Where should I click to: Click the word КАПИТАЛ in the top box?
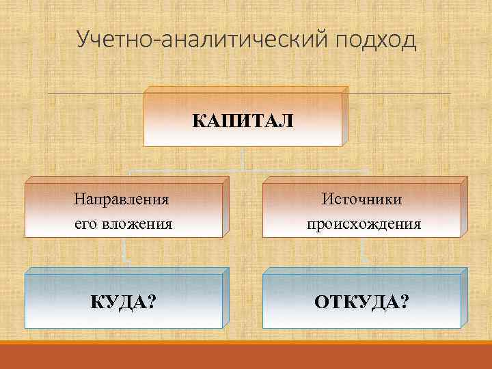[244, 121]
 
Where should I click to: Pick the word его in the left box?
[87, 223]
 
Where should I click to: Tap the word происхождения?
[364, 223]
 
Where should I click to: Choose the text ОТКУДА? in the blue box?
[363, 301]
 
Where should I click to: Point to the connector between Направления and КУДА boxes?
[124, 255]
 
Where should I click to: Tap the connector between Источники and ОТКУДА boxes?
[363, 255]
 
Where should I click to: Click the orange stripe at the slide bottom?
[246, 356]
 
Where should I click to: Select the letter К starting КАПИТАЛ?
[199, 121]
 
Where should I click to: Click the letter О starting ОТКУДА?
[322, 301]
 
